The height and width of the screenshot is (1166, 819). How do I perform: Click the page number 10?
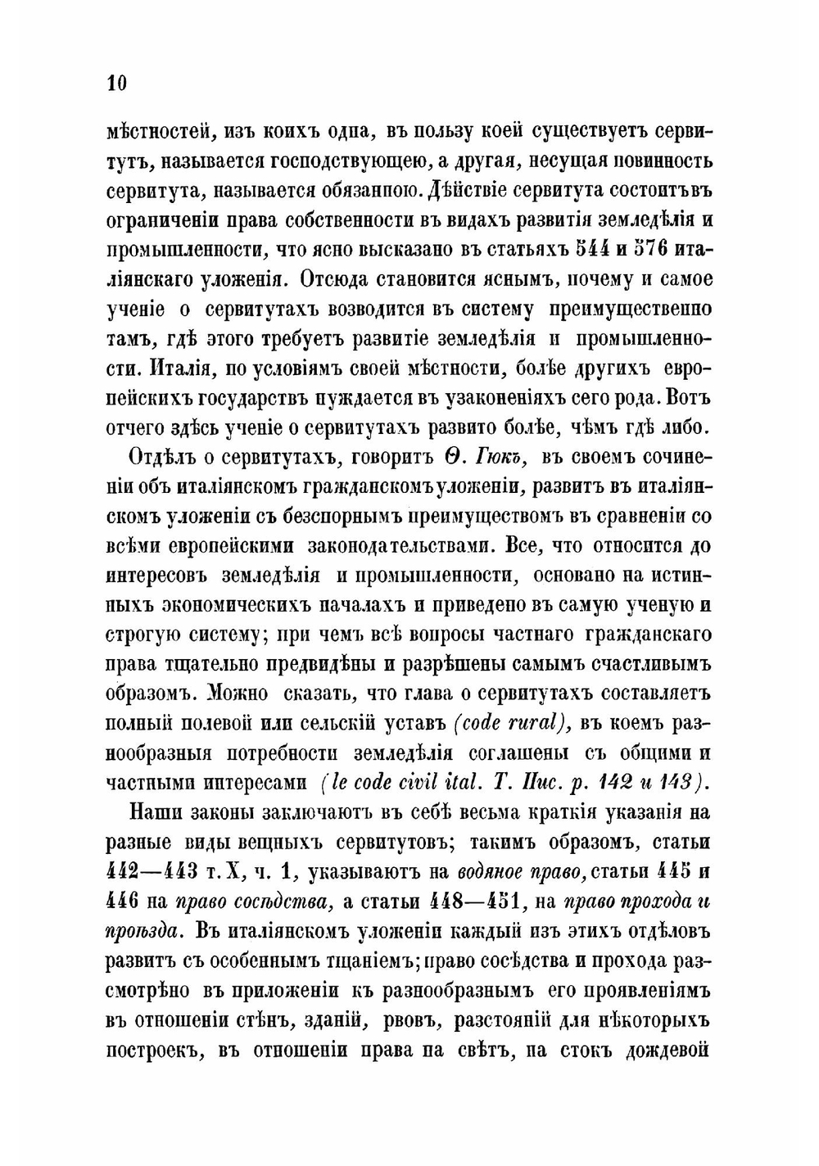pos(116,84)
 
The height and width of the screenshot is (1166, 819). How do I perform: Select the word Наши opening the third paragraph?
pos(156,811)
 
